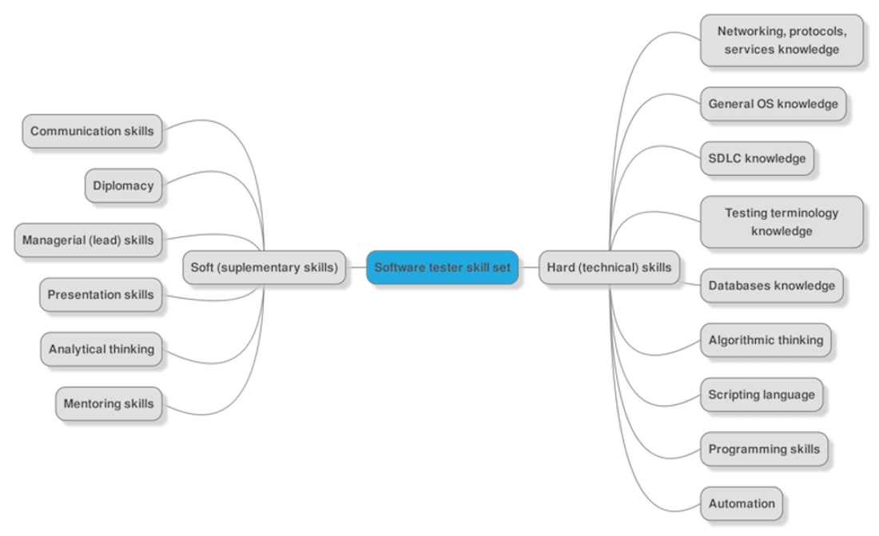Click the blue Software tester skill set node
(442, 268)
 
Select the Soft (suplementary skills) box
(264, 268)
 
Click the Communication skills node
(92, 131)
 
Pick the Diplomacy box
(122, 185)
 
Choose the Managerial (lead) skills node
(88, 240)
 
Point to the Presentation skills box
(100, 295)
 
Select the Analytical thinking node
(101, 349)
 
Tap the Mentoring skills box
(108, 403)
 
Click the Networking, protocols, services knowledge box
(782, 41)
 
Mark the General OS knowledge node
(773, 104)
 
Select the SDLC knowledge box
(756, 158)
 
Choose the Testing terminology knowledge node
(782, 222)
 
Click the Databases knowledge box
(771, 286)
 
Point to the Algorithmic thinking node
(766, 340)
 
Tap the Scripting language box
(762, 395)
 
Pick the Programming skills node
(764, 449)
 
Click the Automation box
(742, 503)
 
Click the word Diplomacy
(122, 185)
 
